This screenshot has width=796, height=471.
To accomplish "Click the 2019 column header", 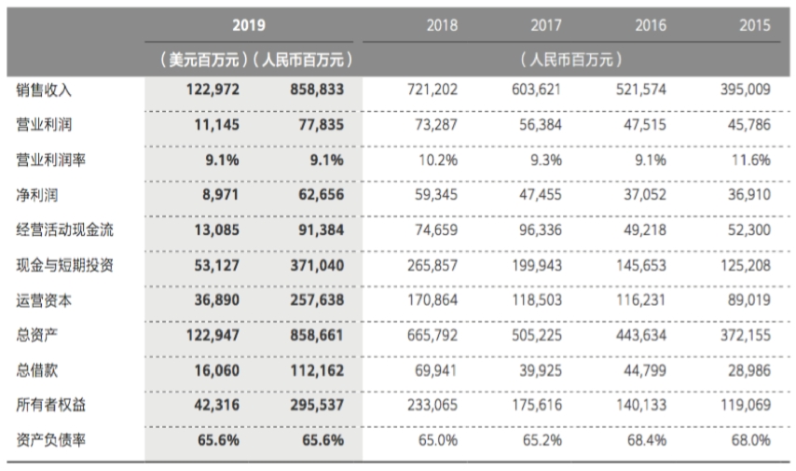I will pyautogui.click(x=253, y=25).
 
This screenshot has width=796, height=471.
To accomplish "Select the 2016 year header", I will pyautogui.click(x=651, y=25).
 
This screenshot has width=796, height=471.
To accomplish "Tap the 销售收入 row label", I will pyautogui.click(x=44, y=91).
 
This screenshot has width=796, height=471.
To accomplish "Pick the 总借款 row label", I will pyautogui.click(x=37, y=370).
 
